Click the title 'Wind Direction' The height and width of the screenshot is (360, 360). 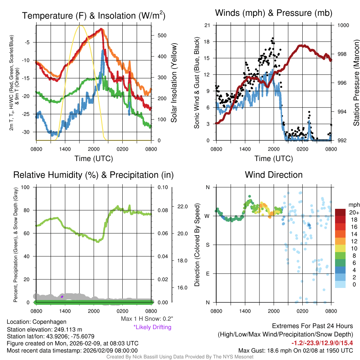(x=274, y=175)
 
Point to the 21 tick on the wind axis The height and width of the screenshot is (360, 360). (x=207, y=25)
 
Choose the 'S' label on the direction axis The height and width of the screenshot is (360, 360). (x=207, y=245)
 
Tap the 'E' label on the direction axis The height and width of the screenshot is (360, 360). (x=207, y=274)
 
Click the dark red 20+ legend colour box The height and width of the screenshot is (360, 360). (x=341, y=213)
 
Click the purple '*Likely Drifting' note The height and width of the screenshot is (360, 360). (x=152, y=327)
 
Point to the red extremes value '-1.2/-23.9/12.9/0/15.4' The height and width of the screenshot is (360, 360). (x=322, y=343)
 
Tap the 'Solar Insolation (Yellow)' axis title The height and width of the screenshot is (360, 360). (x=174, y=83)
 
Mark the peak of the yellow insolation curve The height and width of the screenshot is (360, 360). (x=81, y=25)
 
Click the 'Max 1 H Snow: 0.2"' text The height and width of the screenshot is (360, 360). (x=147, y=319)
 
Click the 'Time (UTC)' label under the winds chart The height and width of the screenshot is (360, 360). (x=274, y=159)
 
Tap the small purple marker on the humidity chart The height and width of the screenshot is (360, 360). (x=62, y=297)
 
